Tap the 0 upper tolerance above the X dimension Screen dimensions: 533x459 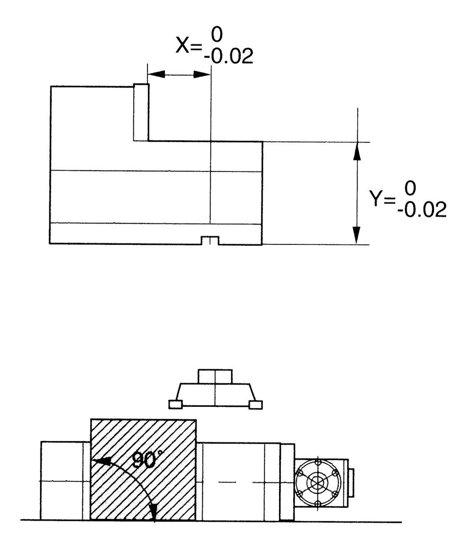pyautogui.click(x=218, y=34)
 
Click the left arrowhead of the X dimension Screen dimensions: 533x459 pyautogui.click(x=155, y=74)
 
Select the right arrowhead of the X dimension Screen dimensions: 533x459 pyautogui.click(x=202, y=74)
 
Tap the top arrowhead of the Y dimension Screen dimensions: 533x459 pyautogui.click(x=356, y=151)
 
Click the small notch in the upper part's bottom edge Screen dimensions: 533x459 pyautogui.click(x=209, y=240)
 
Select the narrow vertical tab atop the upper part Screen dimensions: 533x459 pyautogui.click(x=141, y=112)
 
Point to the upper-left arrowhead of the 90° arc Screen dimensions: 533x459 pyautogui.click(x=101, y=462)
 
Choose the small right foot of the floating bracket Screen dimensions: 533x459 pyautogui.click(x=255, y=404)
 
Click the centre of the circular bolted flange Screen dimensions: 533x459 pyautogui.click(x=317, y=482)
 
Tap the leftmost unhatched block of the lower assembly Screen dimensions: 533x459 pyautogui.click(x=62, y=481)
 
